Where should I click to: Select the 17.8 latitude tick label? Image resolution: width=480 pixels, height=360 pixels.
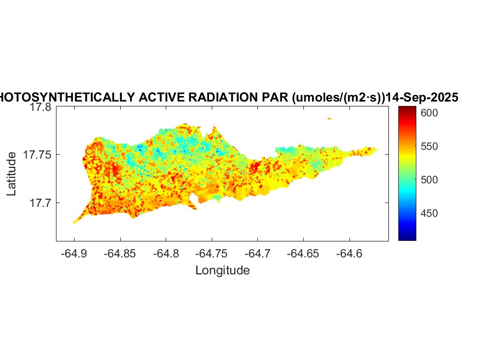(40, 108)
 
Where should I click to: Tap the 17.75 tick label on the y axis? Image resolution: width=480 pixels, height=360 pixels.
(37, 155)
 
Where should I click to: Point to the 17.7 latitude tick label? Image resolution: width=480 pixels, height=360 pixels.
(40, 203)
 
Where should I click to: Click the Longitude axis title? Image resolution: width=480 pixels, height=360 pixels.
(222, 270)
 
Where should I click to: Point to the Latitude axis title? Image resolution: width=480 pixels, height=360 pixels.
(12, 175)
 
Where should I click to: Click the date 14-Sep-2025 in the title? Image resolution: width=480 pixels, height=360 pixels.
(422, 98)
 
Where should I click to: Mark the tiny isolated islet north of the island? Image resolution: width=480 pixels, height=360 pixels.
(330, 119)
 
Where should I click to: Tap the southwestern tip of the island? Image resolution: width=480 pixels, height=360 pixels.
(75, 222)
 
